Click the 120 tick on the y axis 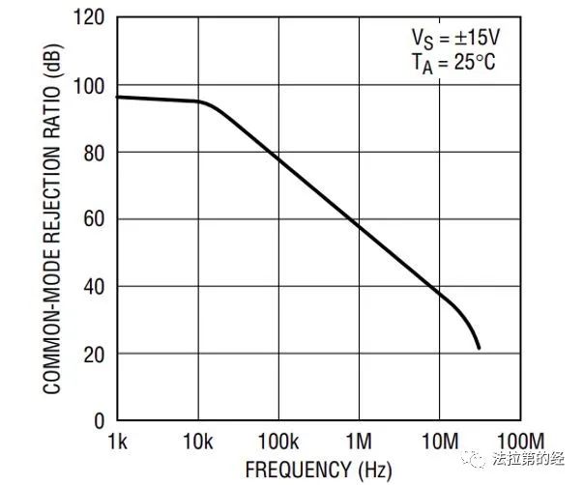(x=91, y=18)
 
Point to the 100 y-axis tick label (x=91, y=86)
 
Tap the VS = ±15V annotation (x=455, y=41)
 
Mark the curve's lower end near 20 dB (x=479, y=348)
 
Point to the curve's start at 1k (x=119, y=97)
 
